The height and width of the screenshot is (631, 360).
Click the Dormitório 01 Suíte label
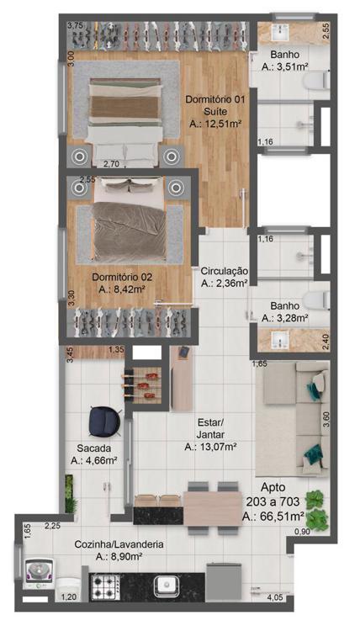click(214, 105)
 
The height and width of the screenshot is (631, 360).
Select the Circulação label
click(225, 270)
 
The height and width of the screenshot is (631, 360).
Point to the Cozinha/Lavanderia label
click(119, 544)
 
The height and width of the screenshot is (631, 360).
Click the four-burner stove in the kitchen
click(106, 587)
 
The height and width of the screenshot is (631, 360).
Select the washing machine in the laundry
click(39, 573)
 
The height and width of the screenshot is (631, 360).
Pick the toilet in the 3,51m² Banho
click(317, 80)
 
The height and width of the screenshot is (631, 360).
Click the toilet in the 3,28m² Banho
click(316, 300)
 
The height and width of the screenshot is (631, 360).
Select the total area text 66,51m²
click(273, 517)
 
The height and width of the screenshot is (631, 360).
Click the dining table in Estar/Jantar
click(212, 508)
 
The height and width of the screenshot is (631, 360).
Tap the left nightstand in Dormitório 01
click(79, 156)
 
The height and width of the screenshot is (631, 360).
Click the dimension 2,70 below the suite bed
click(111, 164)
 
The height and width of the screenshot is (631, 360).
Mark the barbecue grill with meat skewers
click(143, 385)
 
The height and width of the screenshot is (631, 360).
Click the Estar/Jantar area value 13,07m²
click(210, 447)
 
